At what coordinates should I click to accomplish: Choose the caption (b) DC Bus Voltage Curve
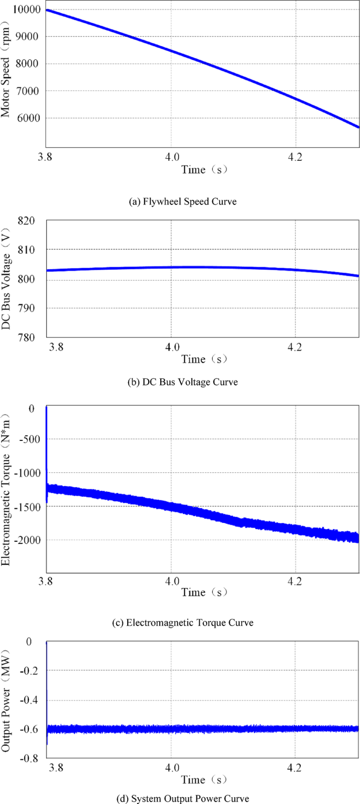(182, 383)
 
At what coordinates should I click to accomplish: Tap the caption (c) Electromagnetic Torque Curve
(182, 623)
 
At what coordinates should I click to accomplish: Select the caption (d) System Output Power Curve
(182, 798)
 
